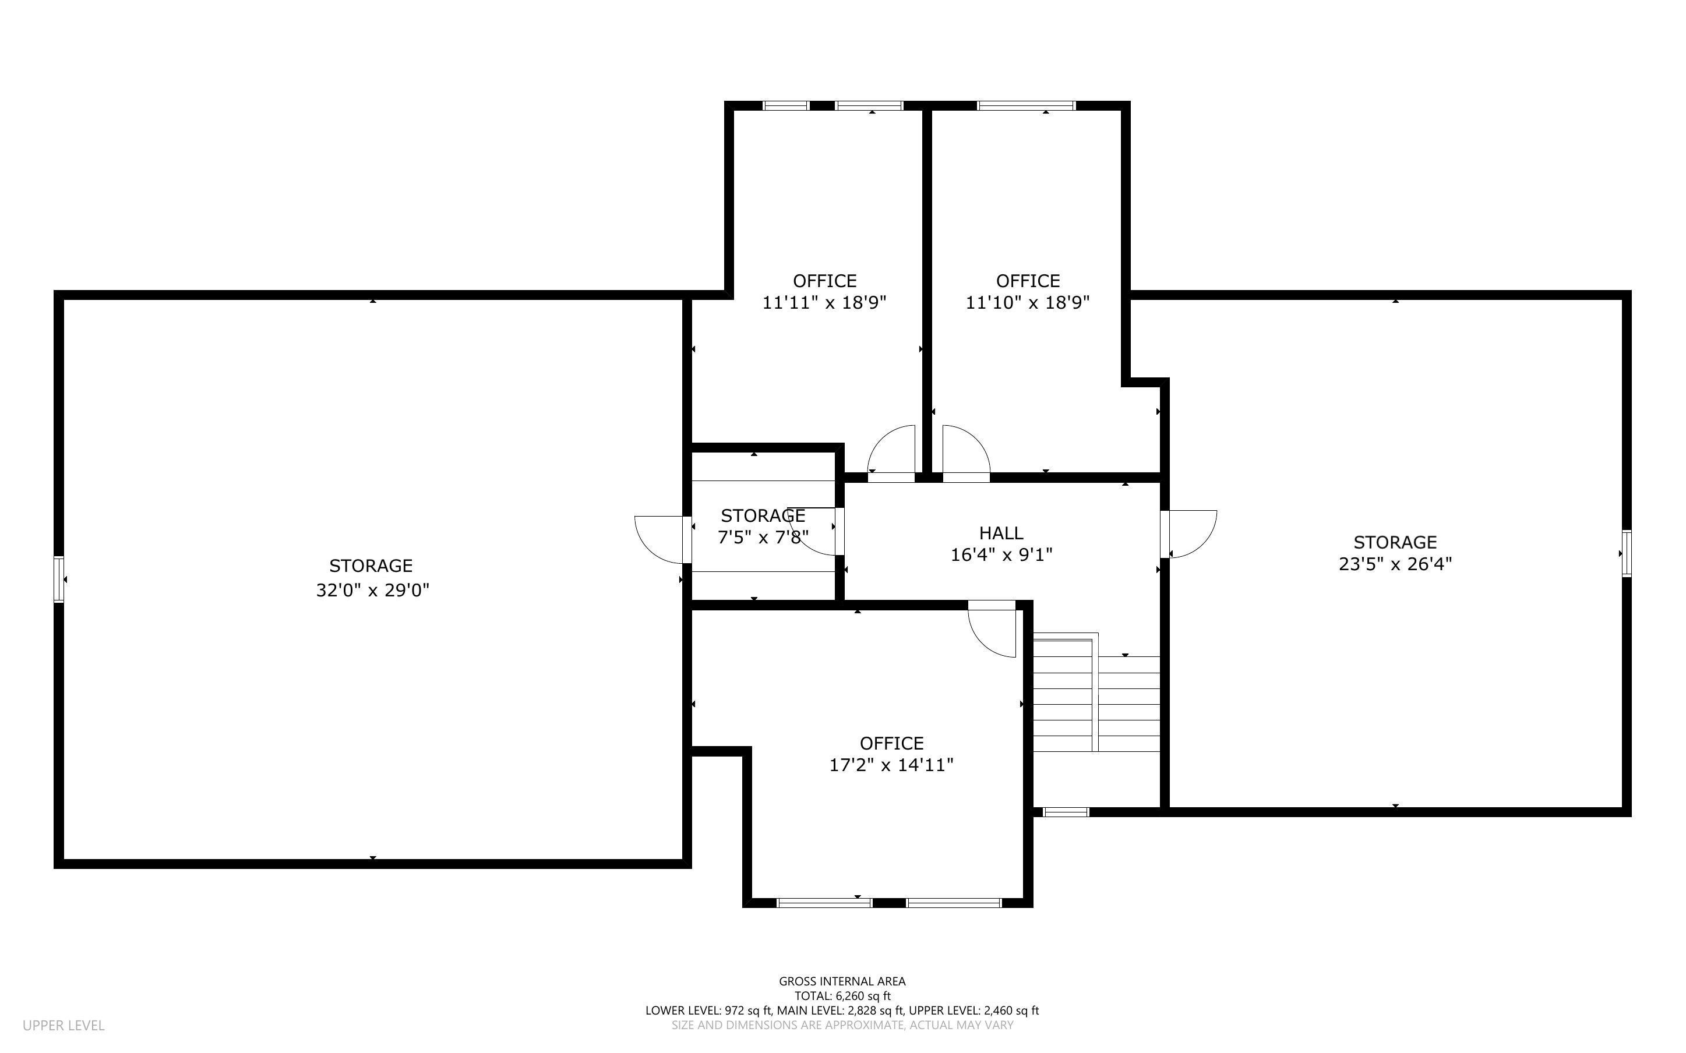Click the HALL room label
[x=1001, y=533]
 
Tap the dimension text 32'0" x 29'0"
[x=373, y=590]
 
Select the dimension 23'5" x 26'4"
[x=1395, y=563]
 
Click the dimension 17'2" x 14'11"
[x=891, y=765]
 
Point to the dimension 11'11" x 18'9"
[x=824, y=302]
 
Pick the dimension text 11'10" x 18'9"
[x=1027, y=302]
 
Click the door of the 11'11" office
[x=892, y=451]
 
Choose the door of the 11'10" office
[x=965, y=451]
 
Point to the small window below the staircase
[x=1066, y=811]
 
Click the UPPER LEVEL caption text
[x=64, y=1025]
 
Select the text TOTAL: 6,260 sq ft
[x=842, y=996]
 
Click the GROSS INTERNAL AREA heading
[x=842, y=981]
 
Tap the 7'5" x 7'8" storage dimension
[x=763, y=537]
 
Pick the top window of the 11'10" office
[x=1026, y=106]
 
